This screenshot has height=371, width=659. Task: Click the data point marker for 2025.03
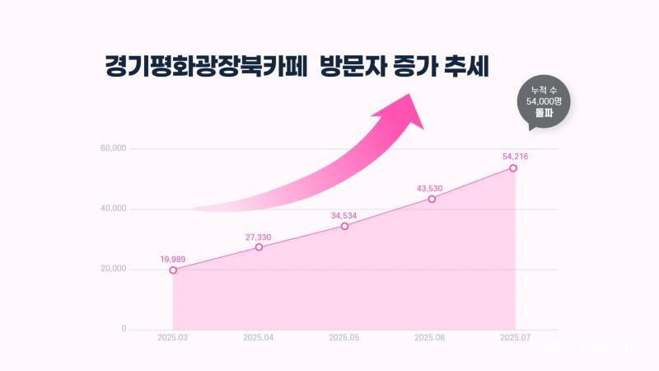click(x=173, y=270)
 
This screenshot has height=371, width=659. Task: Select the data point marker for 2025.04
click(x=259, y=247)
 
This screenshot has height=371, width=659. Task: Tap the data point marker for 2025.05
click(x=344, y=226)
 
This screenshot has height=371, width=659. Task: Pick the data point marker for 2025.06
click(x=432, y=199)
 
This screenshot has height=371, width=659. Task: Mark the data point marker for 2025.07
click(x=513, y=167)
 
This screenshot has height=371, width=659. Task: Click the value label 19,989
click(x=173, y=259)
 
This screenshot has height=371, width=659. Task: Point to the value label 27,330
click(x=258, y=237)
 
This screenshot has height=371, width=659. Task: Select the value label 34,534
click(x=344, y=216)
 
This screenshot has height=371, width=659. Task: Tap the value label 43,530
click(x=431, y=189)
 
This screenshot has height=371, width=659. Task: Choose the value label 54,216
click(x=515, y=156)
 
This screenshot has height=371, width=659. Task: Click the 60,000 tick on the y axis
click(x=113, y=149)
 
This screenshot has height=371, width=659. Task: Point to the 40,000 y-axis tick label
click(x=113, y=209)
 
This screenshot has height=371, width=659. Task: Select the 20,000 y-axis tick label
click(x=113, y=270)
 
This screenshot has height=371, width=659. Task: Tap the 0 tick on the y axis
click(x=124, y=329)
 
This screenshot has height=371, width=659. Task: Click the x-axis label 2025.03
click(x=173, y=337)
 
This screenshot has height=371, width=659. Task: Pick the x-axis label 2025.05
click(x=344, y=337)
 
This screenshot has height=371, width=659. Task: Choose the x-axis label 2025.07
click(x=515, y=337)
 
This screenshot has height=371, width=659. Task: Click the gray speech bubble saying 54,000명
click(x=543, y=101)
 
